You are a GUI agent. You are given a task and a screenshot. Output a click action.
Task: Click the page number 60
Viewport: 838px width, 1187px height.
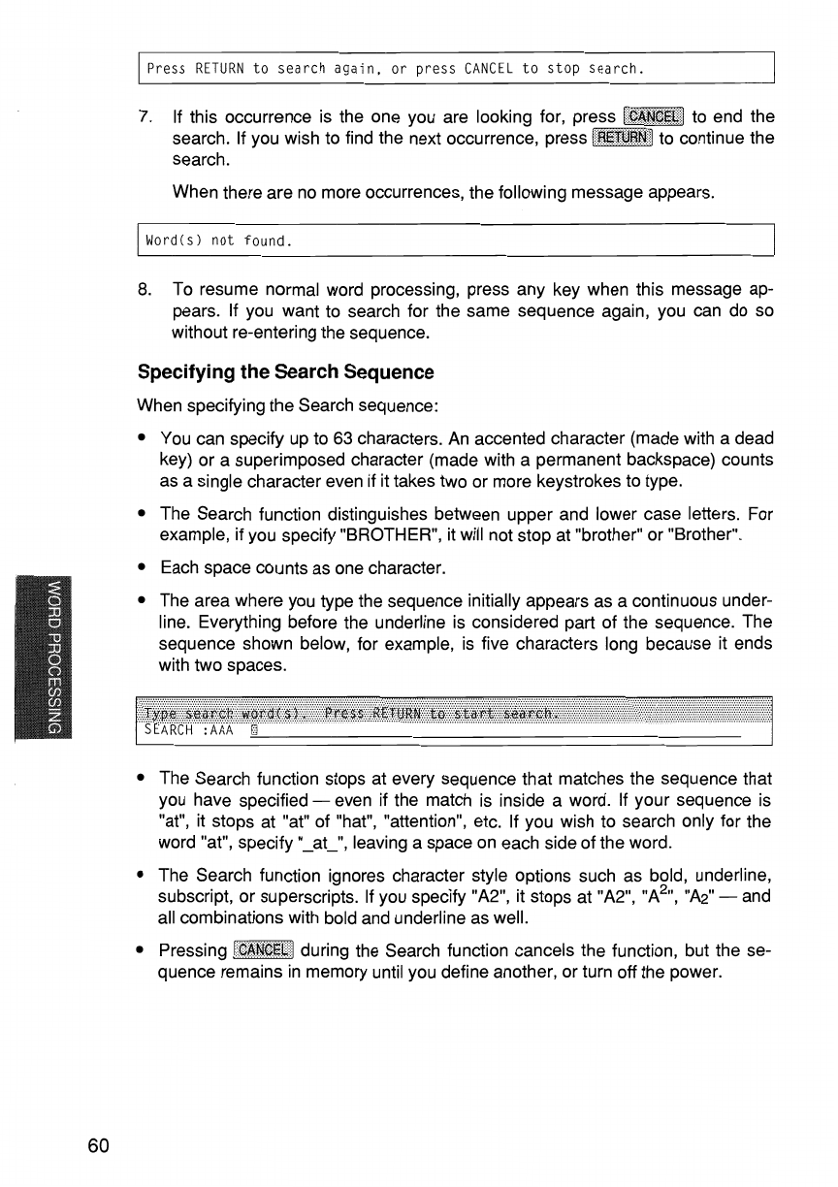(x=98, y=1146)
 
